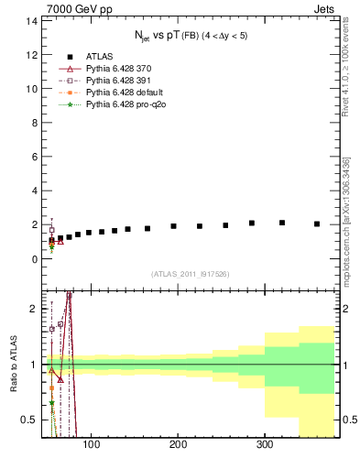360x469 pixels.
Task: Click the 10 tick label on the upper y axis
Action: point(33,89)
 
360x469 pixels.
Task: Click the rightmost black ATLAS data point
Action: point(317,224)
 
